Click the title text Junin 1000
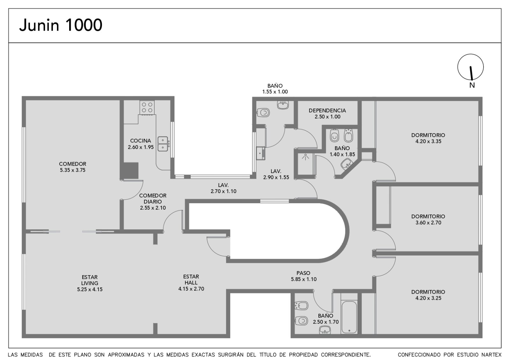61,25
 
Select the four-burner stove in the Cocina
147,107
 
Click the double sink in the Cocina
163,144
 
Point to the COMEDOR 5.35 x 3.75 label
73,167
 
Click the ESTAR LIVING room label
90,283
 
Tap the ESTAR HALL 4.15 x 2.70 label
191,283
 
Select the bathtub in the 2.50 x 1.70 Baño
349,317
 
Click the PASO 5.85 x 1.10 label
303,276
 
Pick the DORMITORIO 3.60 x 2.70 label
428,220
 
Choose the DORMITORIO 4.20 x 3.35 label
428,138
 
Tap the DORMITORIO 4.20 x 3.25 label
428,295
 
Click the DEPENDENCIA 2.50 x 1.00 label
327,113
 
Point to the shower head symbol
305,157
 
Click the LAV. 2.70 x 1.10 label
223,188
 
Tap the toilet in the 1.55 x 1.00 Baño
263,112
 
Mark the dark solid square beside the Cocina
131,170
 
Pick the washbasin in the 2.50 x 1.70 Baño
325,330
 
